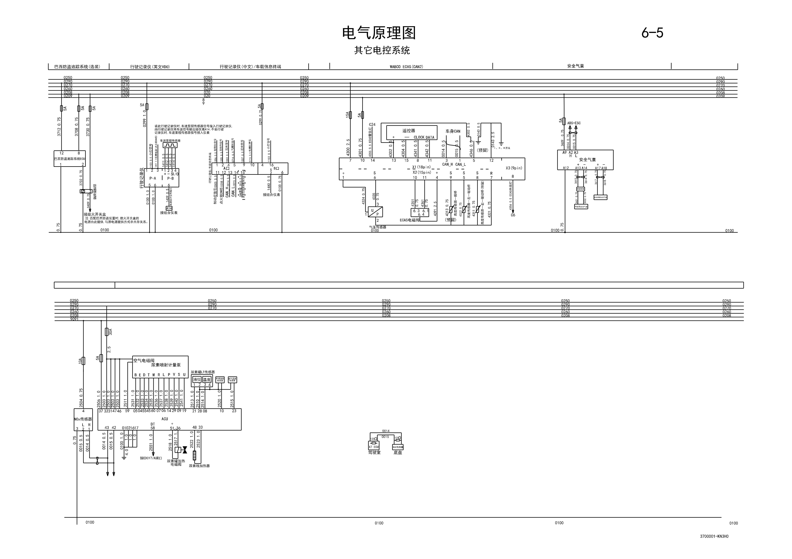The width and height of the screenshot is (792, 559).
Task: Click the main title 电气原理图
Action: click(x=379, y=33)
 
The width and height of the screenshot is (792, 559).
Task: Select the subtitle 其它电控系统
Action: click(x=382, y=50)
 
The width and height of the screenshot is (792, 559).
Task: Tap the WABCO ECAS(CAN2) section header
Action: click(x=406, y=67)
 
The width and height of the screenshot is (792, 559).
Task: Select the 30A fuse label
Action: click(x=110, y=332)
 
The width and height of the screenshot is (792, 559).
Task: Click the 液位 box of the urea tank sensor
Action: click(x=197, y=379)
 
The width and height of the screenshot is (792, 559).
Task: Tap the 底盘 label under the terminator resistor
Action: click(x=398, y=452)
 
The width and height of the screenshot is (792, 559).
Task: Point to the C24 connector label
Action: click(x=372, y=125)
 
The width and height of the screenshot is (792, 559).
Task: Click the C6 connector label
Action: click(x=513, y=215)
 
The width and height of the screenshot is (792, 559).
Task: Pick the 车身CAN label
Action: click(x=453, y=131)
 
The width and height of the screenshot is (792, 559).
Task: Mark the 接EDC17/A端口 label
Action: click(x=151, y=458)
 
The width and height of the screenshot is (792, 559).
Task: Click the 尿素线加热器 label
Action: click(x=199, y=466)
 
